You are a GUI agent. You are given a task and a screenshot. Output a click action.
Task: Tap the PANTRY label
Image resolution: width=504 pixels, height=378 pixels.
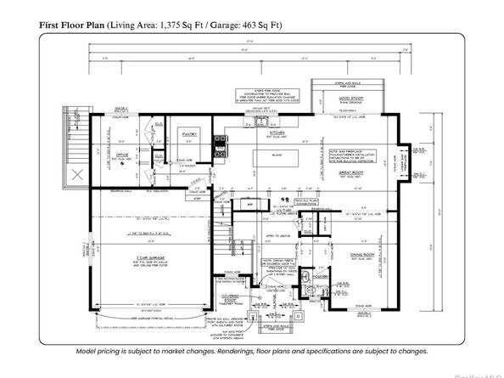pos(187,134)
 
